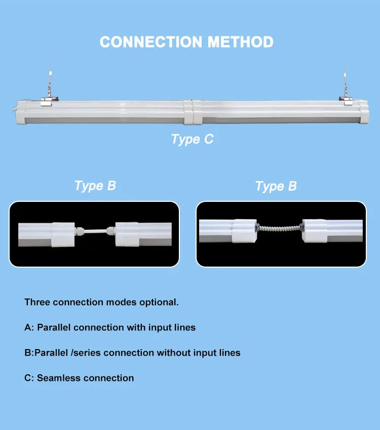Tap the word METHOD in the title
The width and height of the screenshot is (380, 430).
click(240, 42)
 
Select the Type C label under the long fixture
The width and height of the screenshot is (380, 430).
click(192, 139)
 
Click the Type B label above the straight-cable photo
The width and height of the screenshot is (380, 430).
click(95, 186)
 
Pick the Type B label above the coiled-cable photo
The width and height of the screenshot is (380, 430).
click(276, 187)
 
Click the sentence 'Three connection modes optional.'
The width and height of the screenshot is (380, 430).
click(101, 303)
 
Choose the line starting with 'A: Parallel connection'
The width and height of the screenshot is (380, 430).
click(110, 327)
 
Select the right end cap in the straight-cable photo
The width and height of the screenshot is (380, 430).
click(128, 233)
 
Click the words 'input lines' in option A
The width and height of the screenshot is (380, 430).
click(172, 327)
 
